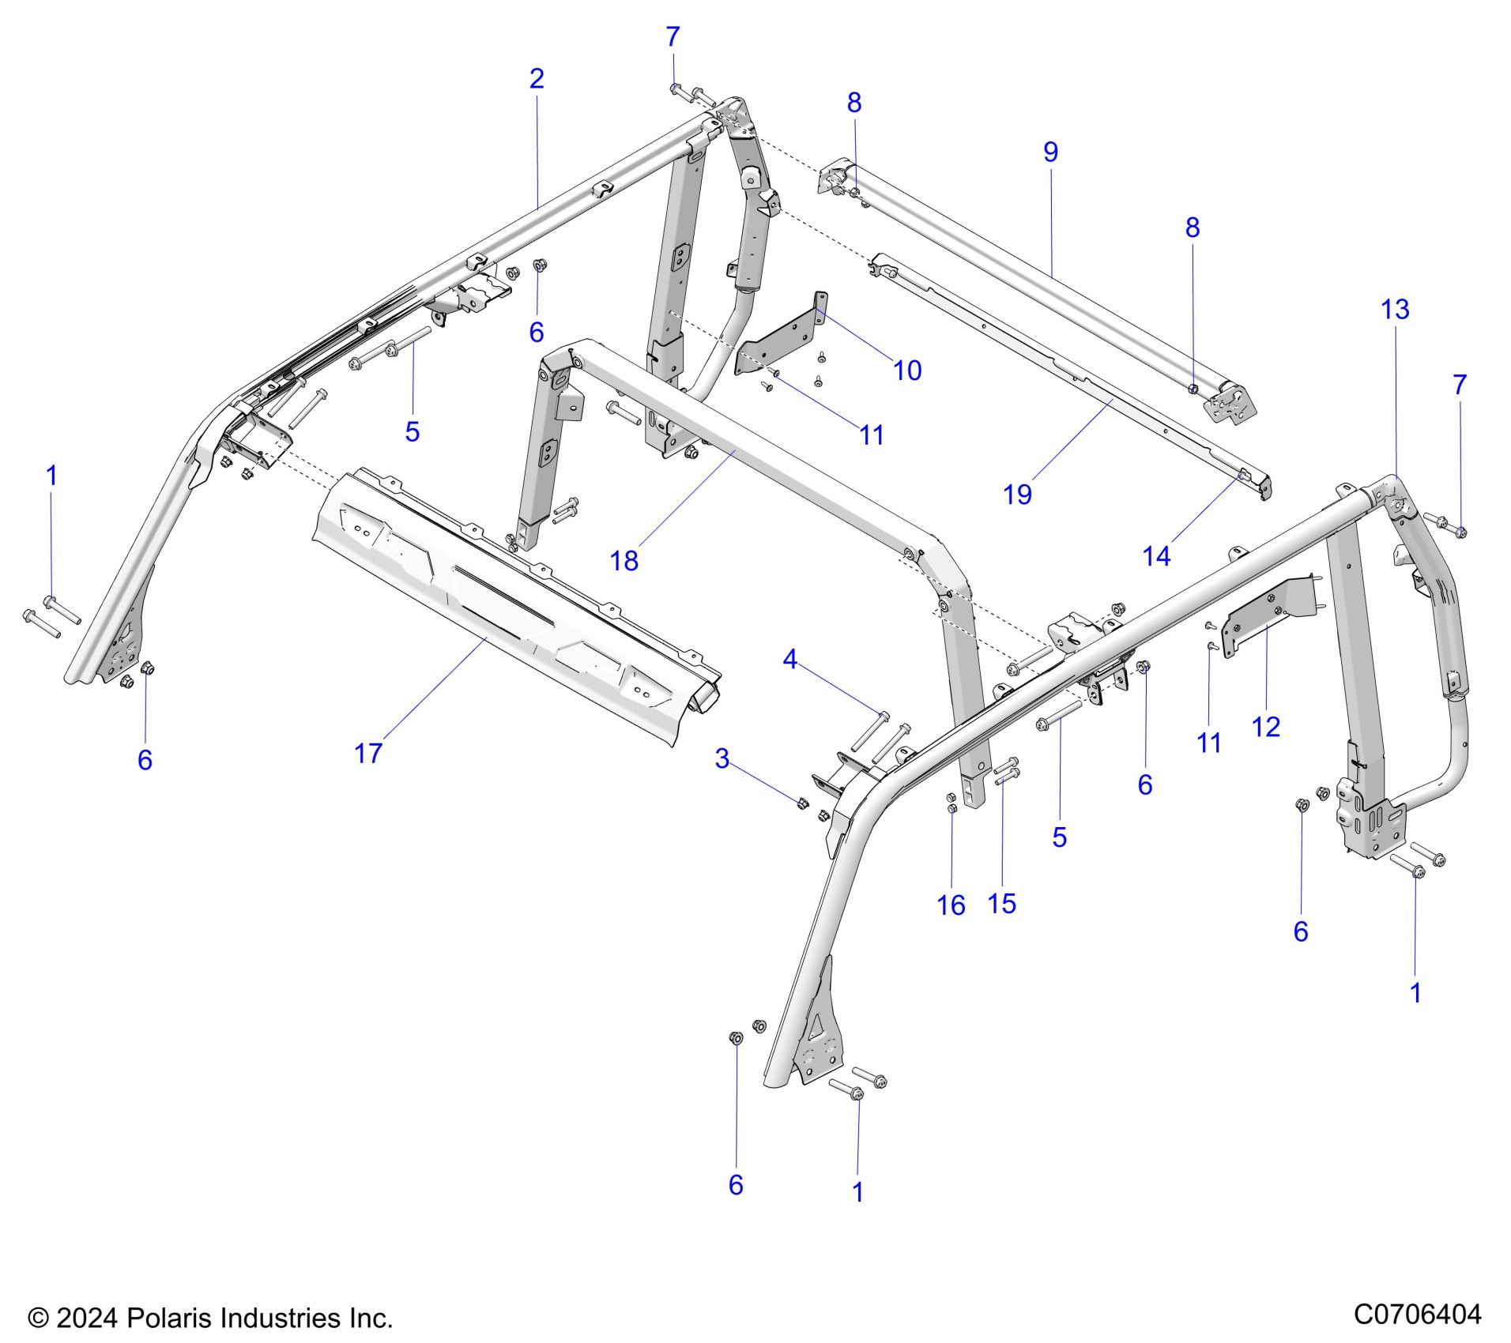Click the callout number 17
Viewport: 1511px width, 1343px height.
(368, 754)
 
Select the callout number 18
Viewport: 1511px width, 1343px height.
(624, 561)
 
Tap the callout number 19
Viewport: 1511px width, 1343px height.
(1017, 495)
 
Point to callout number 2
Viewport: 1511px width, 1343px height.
(537, 79)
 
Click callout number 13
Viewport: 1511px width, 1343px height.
(1395, 310)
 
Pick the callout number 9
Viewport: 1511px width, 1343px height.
(1050, 152)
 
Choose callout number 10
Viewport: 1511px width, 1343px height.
(907, 371)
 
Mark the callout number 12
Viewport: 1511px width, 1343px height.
(1266, 726)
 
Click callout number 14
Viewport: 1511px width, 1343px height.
(1156, 556)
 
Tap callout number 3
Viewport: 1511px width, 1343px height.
(722, 759)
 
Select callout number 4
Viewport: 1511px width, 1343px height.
(789, 659)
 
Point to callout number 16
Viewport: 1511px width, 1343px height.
(951, 905)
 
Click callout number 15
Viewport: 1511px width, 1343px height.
(1002, 903)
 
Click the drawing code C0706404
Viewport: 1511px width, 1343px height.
(1417, 1314)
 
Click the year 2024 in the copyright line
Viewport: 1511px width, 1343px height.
(87, 1318)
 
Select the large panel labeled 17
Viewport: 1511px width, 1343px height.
(506, 608)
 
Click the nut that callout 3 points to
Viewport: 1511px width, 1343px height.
(800, 803)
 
